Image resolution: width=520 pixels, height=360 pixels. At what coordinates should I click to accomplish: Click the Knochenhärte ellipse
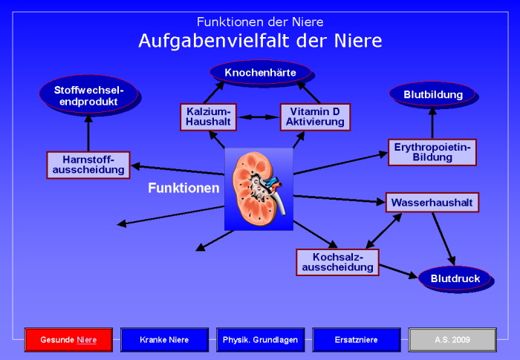[260, 72]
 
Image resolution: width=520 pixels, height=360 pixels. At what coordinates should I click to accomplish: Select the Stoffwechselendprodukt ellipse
[88, 95]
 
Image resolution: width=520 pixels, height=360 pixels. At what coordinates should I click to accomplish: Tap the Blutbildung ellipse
[432, 94]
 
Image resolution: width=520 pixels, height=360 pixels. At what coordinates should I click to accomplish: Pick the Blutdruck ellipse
[455, 278]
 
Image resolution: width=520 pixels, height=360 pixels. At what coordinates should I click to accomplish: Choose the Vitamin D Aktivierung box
[315, 117]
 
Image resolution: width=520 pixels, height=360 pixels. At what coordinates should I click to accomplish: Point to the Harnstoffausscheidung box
[88, 165]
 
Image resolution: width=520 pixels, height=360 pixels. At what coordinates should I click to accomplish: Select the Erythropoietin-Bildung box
[432, 152]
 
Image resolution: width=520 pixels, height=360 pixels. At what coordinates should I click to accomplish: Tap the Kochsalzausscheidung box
[337, 262]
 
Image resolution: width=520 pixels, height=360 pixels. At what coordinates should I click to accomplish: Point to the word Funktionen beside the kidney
[183, 189]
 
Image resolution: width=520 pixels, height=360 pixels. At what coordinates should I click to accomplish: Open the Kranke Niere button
[164, 340]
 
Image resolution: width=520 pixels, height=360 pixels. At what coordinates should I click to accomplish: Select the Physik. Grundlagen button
[260, 340]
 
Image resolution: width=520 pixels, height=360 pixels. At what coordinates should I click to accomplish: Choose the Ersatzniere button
[357, 340]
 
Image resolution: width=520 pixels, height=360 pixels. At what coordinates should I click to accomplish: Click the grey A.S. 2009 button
[452, 340]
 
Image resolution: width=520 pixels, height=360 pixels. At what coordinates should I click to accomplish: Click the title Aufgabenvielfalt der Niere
[260, 41]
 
